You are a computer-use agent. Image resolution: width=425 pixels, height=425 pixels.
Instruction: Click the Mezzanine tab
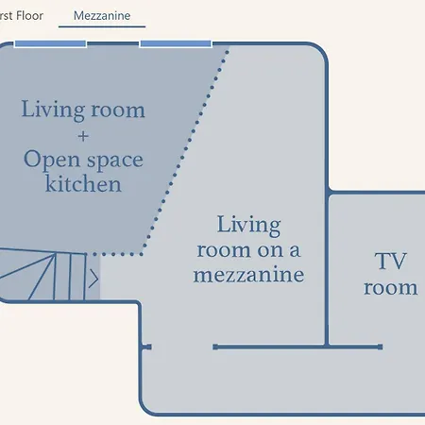click(102, 16)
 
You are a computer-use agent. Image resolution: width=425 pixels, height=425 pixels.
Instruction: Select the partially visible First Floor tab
click(22, 16)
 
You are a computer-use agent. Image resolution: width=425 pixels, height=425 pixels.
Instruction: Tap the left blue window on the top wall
click(50, 43)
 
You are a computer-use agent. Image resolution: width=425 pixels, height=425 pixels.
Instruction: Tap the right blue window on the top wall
click(176, 43)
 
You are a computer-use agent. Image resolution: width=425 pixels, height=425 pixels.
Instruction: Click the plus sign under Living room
click(83, 136)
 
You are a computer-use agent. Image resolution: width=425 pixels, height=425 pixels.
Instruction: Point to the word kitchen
click(83, 184)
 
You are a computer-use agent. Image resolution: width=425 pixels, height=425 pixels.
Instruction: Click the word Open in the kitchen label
click(52, 160)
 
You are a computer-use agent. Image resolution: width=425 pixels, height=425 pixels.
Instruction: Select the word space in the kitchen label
click(115, 161)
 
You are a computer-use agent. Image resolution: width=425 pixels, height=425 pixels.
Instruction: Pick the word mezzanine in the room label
click(248, 275)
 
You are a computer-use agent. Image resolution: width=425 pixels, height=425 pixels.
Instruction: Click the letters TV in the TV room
click(391, 261)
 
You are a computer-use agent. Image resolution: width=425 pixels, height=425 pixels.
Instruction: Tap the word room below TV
click(391, 288)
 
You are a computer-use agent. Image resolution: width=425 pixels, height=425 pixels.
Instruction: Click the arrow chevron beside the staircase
click(93, 279)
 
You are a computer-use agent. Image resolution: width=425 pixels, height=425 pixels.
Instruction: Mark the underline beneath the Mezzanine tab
click(102, 26)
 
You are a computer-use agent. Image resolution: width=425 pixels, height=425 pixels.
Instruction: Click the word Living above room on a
click(248, 225)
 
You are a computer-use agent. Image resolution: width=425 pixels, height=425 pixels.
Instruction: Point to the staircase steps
click(43, 275)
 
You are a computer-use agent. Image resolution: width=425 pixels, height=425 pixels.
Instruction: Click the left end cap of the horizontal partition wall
click(215, 347)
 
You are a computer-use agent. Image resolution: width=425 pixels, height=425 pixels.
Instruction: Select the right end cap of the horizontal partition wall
click(381, 347)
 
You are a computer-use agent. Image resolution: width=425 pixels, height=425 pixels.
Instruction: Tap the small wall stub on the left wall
click(146, 347)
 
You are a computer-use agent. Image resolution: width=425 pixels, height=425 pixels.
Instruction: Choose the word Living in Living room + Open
click(53, 110)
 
